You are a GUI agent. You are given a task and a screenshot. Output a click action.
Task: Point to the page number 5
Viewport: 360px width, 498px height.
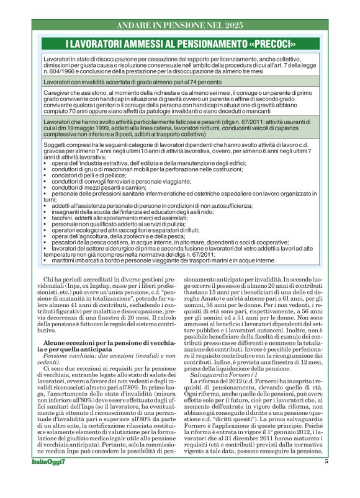(325, 479)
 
